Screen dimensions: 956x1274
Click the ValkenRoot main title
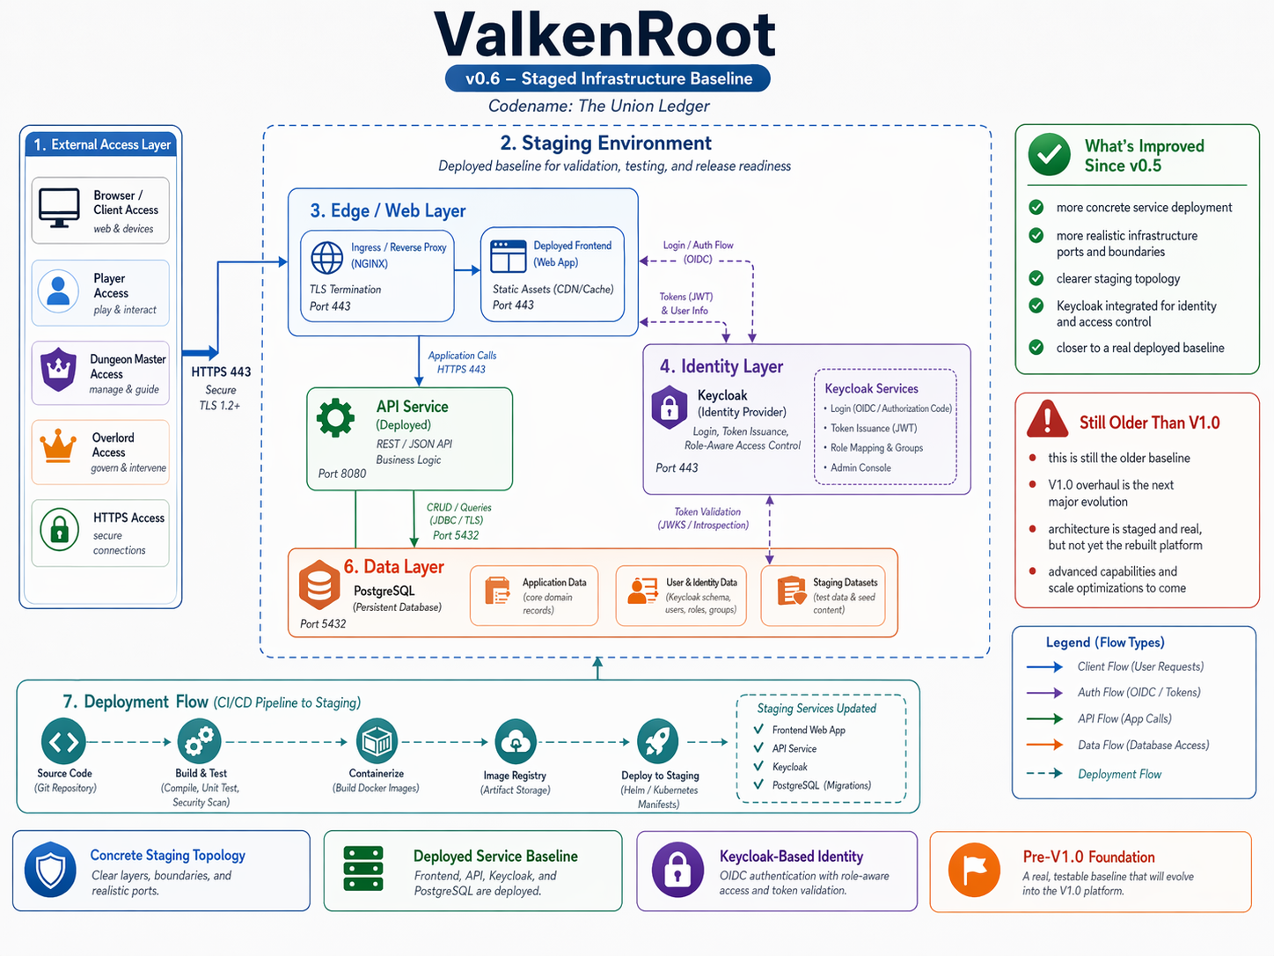tap(605, 35)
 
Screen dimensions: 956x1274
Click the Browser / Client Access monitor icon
tap(59, 209)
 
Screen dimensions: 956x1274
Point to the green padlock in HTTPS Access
tap(59, 530)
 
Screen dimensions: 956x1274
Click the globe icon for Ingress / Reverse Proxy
tap(327, 257)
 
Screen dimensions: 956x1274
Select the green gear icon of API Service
tap(336, 418)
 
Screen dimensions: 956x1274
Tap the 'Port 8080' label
tap(342, 474)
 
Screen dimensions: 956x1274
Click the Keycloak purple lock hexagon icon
tap(669, 407)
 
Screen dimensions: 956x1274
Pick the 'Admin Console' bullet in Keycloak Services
tap(860, 467)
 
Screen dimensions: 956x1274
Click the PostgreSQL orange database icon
tap(318, 585)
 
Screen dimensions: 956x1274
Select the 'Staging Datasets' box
tap(824, 596)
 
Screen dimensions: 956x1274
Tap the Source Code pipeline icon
tap(63, 741)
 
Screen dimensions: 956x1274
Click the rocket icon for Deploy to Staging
tap(657, 740)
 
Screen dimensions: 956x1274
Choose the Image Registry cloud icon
tap(515, 741)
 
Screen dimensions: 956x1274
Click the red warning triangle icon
tap(1047, 419)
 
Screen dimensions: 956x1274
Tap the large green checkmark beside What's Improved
tap(1049, 155)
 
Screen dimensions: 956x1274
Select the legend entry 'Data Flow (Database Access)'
tap(1143, 745)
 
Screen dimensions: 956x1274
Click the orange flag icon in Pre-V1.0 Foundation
tap(974, 870)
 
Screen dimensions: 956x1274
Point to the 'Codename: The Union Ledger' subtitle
tap(599, 107)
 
